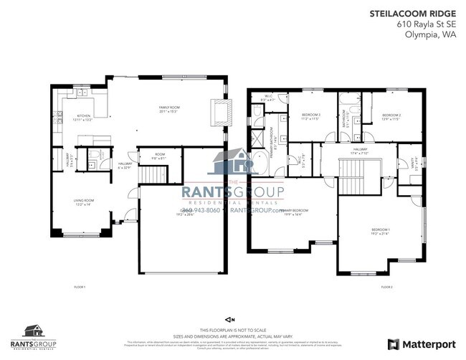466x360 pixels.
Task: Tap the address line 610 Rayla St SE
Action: [x=427, y=24]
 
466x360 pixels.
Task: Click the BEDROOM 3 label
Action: [x=310, y=117]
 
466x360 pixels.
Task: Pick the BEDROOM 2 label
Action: [x=391, y=117]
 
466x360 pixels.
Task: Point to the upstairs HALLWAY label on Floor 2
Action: [x=358, y=151]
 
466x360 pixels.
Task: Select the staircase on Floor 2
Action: [x=353, y=176]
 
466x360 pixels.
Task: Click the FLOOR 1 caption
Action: [x=79, y=287]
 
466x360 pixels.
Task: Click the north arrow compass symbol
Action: [x=230, y=318]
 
